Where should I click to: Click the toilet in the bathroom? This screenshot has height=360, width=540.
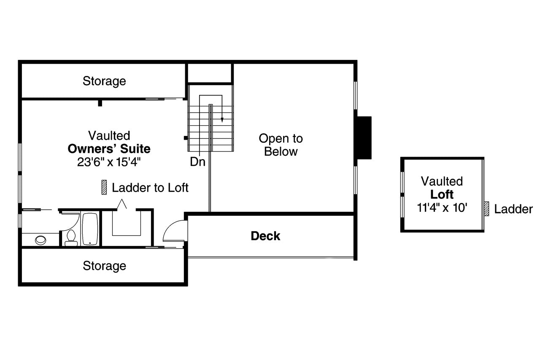(71, 238)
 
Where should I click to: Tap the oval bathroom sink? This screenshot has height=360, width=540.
(41, 240)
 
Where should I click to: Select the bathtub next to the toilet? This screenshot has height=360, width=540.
(90, 229)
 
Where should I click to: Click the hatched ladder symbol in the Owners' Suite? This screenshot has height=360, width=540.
(104, 187)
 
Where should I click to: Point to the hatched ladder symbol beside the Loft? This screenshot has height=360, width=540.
(486, 208)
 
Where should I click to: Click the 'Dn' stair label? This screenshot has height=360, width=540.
(197, 162)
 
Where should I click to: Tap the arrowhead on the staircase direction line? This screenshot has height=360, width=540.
(221, 121)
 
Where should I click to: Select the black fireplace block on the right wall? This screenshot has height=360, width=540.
(364, 138)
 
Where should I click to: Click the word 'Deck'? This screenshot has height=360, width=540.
(265, 236)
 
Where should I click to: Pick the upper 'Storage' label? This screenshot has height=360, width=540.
(104, 81)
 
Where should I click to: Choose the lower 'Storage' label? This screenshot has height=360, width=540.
(104, 265)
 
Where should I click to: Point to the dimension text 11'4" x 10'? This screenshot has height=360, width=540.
(442, 208)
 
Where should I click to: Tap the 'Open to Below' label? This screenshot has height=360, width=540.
(281, 145)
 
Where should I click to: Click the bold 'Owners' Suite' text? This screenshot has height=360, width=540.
(109, 149)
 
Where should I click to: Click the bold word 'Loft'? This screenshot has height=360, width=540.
(442, 195)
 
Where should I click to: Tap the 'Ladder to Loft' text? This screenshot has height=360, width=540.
(150, 187)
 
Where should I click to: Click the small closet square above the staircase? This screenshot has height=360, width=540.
(210, 73)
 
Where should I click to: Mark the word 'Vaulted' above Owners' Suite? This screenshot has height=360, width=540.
(109, 135)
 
